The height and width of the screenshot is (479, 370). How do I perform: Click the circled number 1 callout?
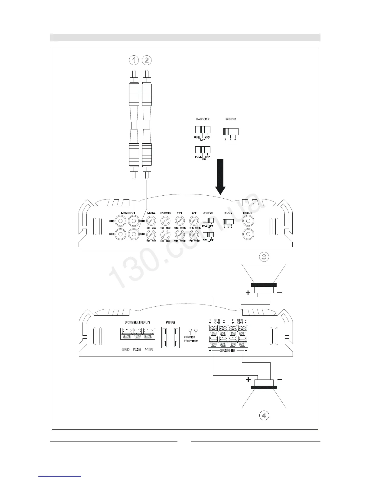[134, 60]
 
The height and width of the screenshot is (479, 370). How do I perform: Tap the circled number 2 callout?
[147, 60]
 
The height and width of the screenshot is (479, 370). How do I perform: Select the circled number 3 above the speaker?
[264, 257]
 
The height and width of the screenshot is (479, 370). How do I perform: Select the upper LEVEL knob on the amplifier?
[151, 221]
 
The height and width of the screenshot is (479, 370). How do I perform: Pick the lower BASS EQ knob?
[165, 234]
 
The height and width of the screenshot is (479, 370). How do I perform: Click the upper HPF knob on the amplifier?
[180, 221]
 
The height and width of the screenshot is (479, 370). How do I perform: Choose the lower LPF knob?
[194, 234]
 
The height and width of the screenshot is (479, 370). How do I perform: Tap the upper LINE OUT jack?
[248, 221]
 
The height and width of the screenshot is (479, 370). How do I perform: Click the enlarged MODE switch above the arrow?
[231, 132]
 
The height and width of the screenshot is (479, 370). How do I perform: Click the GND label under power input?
[125, 349]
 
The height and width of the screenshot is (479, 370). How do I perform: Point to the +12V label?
[149, 349]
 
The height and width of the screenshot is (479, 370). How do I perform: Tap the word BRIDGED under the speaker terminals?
[227, 350]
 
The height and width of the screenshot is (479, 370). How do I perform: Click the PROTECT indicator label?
[191, 341]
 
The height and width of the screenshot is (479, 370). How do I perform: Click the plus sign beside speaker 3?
[248, 293]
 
